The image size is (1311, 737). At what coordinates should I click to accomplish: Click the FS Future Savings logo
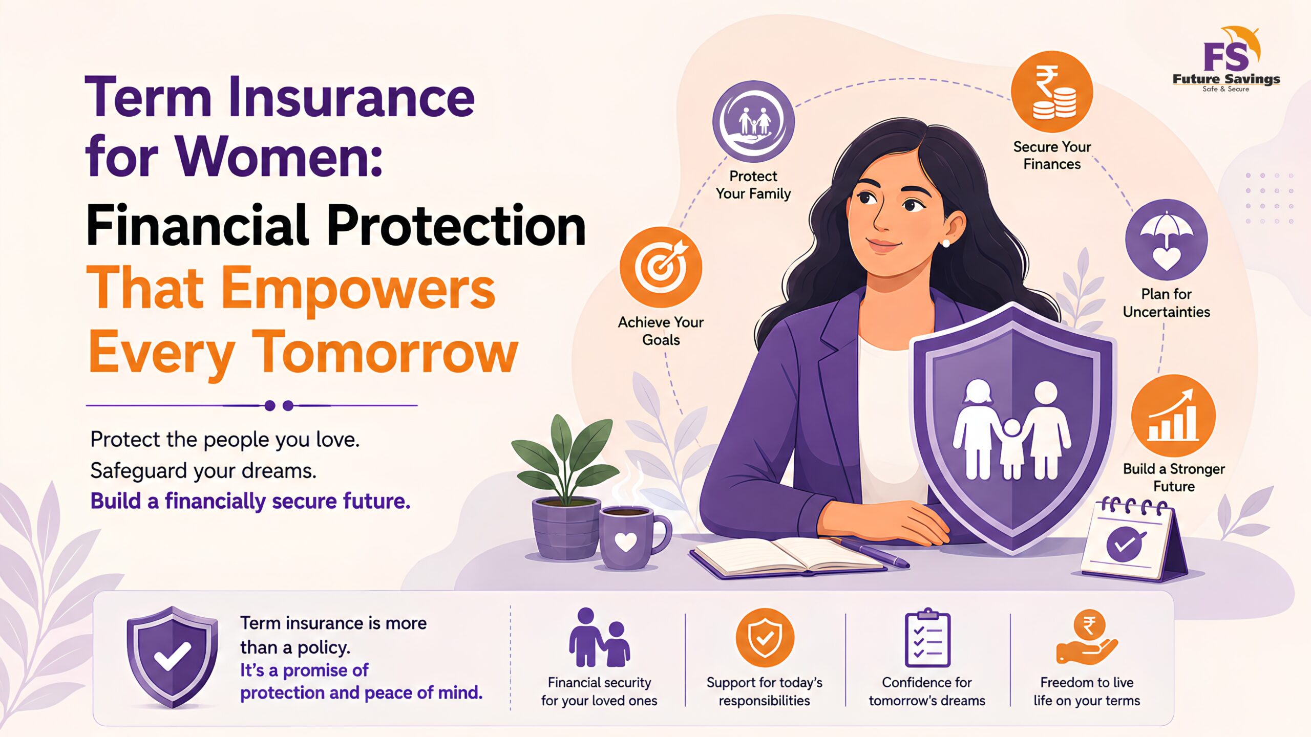[1226, 59]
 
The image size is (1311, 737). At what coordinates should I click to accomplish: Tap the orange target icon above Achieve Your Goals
[661, 267]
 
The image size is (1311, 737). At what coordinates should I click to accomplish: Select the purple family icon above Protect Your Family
[753, 122]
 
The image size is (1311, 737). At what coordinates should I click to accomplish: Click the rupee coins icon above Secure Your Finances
[1052, 92]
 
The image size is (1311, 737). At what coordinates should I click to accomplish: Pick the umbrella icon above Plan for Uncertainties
[1166, 240]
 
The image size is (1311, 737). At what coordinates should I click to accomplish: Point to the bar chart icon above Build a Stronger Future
[1173, 416]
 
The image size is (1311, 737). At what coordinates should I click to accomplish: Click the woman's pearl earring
[945, 244]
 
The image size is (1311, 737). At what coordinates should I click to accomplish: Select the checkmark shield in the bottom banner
[172, 657]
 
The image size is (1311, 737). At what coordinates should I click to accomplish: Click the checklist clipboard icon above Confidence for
[927, 638]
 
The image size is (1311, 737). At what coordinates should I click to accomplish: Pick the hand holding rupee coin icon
[1087, 638]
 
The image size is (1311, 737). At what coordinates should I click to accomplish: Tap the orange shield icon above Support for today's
[765, 638]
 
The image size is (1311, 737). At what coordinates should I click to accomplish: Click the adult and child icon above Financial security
[599, 638]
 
